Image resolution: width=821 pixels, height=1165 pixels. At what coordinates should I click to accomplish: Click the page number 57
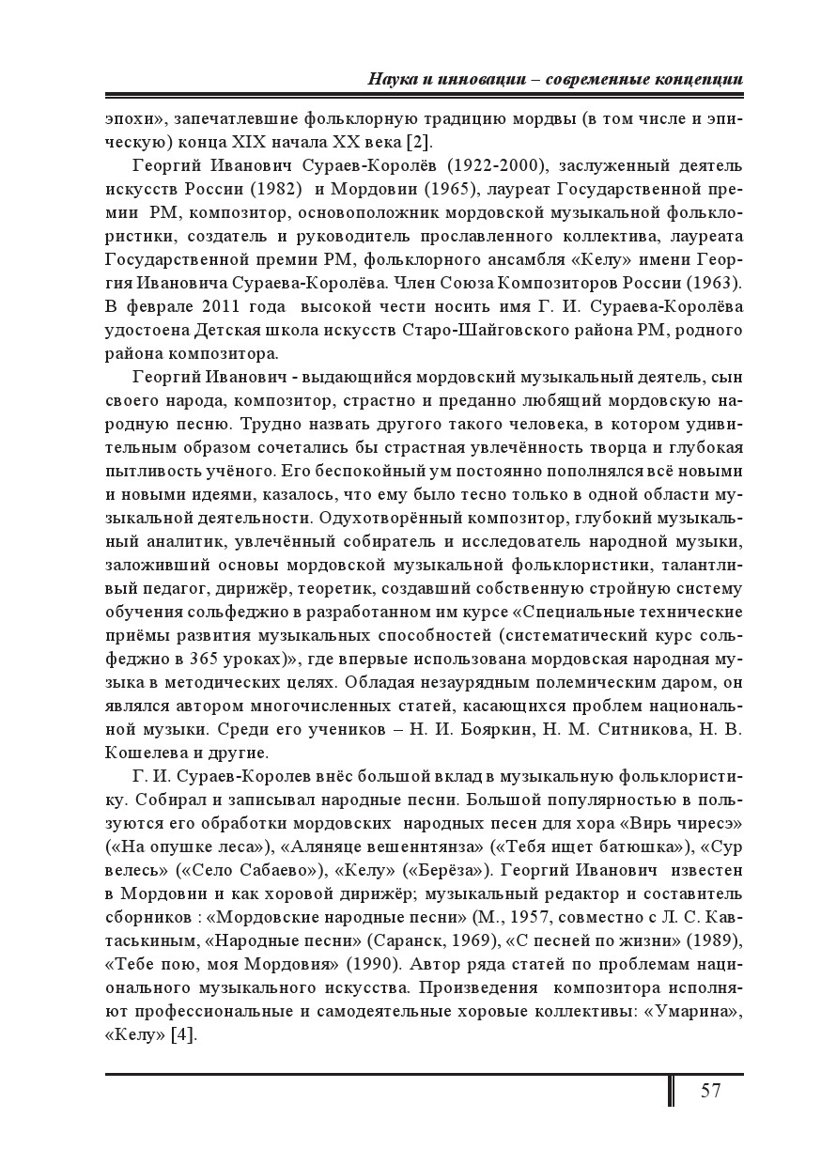click(710, 1091)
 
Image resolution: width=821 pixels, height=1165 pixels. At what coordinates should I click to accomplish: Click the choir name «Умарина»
click(694, 1011)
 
